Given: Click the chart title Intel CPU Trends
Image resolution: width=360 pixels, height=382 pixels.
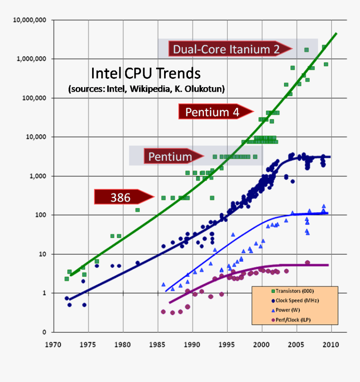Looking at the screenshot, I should point(146,74).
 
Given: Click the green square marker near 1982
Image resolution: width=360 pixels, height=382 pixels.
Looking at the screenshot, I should point(137,210).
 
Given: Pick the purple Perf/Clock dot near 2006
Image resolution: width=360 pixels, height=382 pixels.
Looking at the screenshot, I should point(307,263).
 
